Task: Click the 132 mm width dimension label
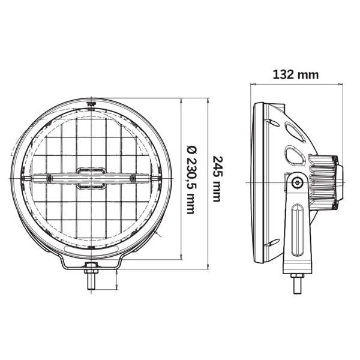[x=295, y=75]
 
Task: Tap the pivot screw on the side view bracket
[x=297, y=182]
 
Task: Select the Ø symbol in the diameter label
[x=191, y=148]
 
